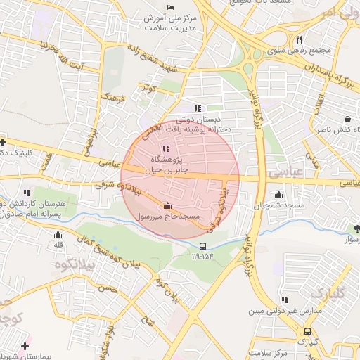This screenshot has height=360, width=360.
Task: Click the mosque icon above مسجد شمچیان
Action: click(279, 194)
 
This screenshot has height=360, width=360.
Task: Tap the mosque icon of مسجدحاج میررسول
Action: click(167, 206)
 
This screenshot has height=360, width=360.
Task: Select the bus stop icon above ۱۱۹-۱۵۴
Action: click(202, 246)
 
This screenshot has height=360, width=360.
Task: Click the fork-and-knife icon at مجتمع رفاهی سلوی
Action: click(299, 40)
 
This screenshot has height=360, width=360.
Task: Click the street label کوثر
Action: click(147, 89)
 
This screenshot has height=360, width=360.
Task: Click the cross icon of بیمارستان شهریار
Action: click(26, 346)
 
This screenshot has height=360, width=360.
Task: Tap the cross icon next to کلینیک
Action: click(4, 142)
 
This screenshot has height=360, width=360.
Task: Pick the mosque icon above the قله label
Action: click(57, 233)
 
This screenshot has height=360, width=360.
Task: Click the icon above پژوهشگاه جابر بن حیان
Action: click(166, 148)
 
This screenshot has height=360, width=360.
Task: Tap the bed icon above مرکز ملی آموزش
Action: click(170, 6)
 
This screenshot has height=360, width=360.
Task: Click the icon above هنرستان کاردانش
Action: click(27, 192)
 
